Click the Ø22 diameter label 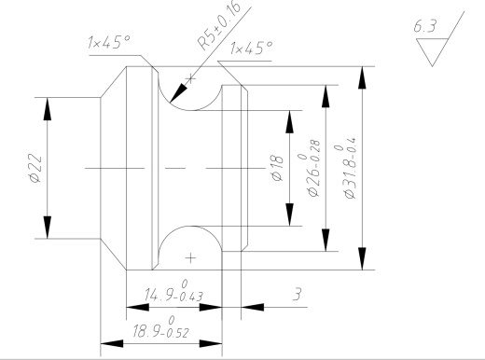coord(35,168)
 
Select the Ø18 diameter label coord(278,168)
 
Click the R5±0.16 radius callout coord(219,25)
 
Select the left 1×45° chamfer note coord(109,42)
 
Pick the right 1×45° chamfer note coord(251,48)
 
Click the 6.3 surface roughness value coord(425,26)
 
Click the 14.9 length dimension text coord(173,291)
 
